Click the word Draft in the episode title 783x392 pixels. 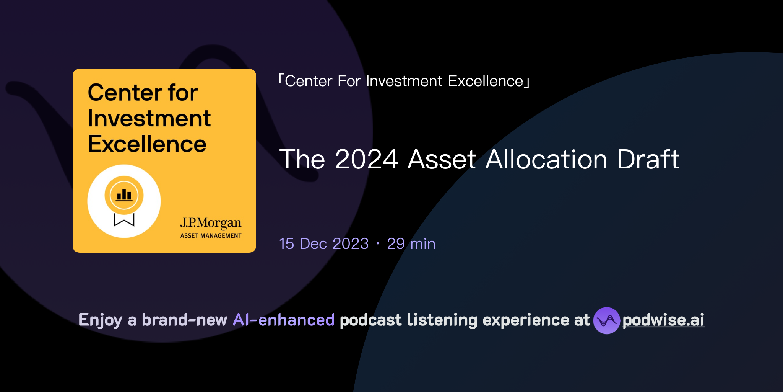(x=648, y=159)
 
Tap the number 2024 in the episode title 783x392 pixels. (x=366, y=159)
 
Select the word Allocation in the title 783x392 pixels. (x=546, y=159)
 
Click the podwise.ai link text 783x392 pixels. (x=663, y=320)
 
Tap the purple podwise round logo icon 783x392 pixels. (x=606, y=320)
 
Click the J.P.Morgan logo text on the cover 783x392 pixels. (x=211, y=223)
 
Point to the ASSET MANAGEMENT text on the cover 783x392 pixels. (x=211, y=236)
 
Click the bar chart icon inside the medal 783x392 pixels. (x=124, y=195)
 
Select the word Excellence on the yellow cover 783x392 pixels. (x=147, y=144)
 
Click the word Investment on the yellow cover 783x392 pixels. (x=149, y=118)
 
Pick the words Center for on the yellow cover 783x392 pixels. (x=143, y=93)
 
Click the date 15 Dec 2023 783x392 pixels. (x=324, y=244)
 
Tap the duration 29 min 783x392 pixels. (x=411, y=244)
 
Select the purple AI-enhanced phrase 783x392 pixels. (x=284, y=320)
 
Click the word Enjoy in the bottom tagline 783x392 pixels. (x=100, y=320)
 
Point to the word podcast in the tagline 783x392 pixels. (x=370, y=320)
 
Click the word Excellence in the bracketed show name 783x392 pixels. (x=486, y=81)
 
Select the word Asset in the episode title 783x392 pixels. (x=442, y=159)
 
